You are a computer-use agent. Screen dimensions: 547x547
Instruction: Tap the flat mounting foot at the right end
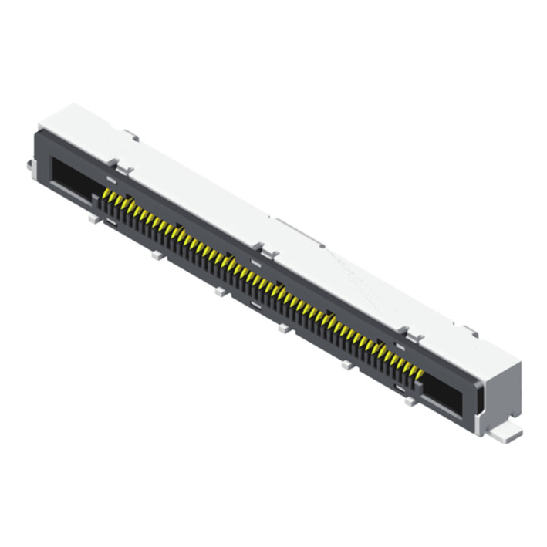point(505,434)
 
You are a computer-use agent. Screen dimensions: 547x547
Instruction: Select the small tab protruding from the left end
point(29,165)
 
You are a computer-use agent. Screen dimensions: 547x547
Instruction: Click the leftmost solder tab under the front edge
point(94,218)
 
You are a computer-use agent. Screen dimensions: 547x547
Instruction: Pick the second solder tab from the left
point(157,255)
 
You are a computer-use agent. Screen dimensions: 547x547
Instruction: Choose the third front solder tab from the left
point(221,292)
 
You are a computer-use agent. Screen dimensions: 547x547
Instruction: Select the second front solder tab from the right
point(349,365)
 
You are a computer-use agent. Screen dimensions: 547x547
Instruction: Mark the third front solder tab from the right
point(285,329)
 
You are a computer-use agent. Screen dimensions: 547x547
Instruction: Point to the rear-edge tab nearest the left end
point(131,136)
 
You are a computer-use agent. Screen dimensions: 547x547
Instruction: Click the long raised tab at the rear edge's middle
point(299,231)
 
